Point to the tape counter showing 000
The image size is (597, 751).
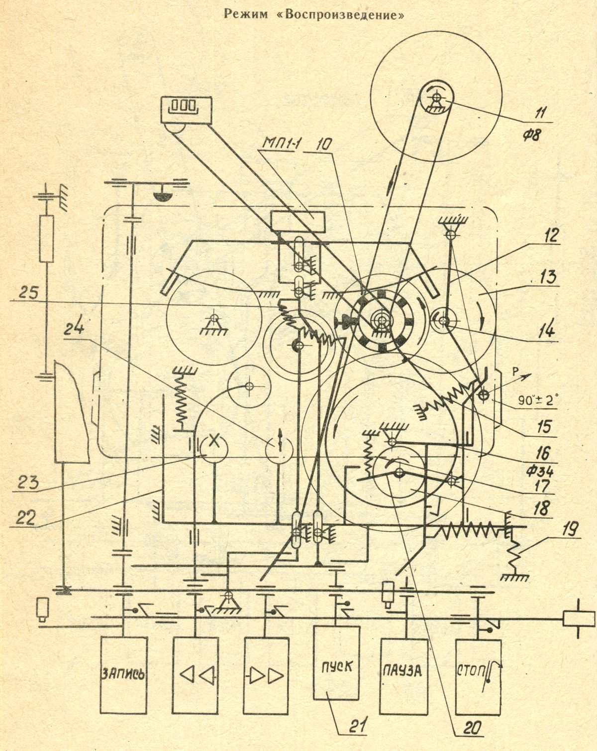(x=186, y=110)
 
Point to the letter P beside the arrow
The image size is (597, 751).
(x=515, y=373)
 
